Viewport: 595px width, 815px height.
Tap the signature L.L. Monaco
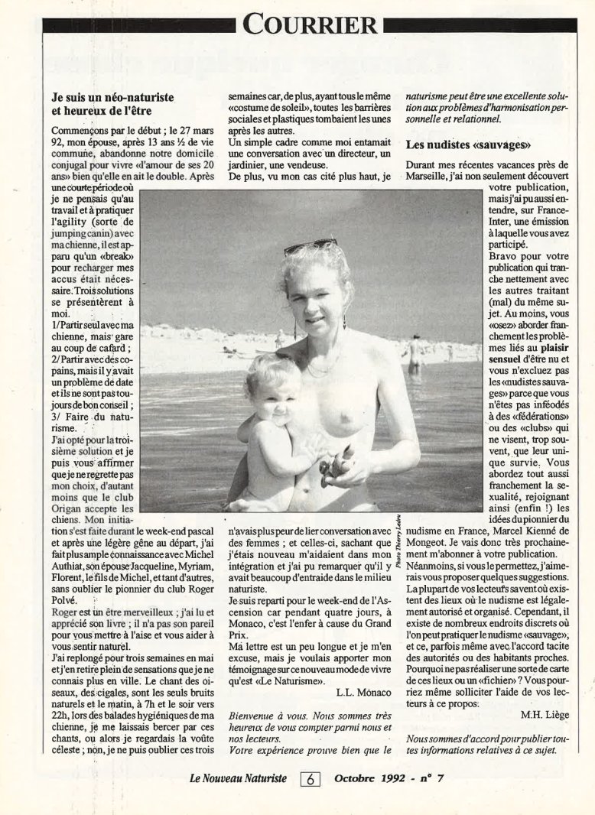point(363,692)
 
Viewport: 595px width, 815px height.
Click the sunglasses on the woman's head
point(311,246)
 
